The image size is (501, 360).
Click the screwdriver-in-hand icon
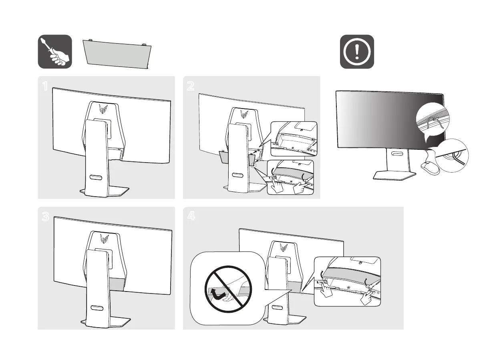(55, 51)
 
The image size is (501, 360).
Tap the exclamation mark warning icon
(357, 51)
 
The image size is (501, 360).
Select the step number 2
(191, 86)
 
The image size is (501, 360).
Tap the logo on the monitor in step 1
(102, 109)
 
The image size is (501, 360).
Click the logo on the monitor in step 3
(103, 239)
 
